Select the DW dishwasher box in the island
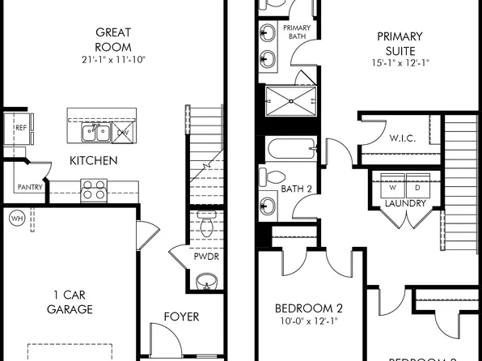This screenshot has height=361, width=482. point(121,131)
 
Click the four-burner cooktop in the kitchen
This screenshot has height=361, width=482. point(93,190)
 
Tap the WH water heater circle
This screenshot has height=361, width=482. point(16,218)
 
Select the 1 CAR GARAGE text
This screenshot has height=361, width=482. point(69,301)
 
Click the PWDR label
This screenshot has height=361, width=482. point(206,257)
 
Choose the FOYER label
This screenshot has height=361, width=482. point(182,316)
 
